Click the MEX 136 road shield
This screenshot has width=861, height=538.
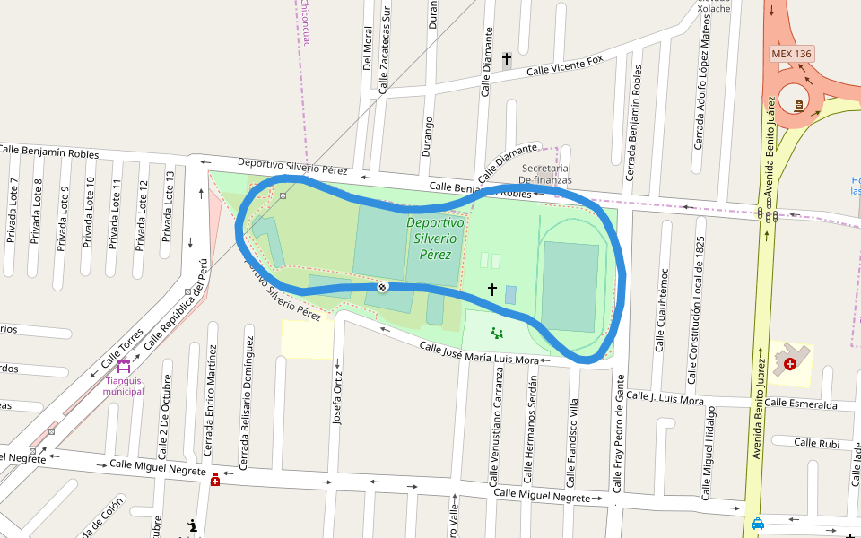(x=791, y=54)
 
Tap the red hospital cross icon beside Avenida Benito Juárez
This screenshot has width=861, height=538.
(x=789, y=363)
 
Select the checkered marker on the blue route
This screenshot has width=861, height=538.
(x=382, y=286)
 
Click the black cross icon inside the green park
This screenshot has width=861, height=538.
(x=491, y=289)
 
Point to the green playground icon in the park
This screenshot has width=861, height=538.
(x=497, y=333)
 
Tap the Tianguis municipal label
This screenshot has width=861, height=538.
(x=124, y=386)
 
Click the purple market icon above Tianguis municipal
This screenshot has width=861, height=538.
(x=123, y=366)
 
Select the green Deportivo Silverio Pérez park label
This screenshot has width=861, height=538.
(x=435, y=238)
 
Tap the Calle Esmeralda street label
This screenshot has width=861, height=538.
(x=801, y=404)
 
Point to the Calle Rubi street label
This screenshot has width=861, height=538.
(x=816, y=442)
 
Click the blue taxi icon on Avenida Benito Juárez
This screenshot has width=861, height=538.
(x=759, y=524)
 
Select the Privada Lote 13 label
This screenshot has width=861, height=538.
(x=167, y=207)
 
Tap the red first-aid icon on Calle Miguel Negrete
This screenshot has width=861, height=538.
(x=214, y=481)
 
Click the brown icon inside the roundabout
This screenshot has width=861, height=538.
(x=798, y=105)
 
